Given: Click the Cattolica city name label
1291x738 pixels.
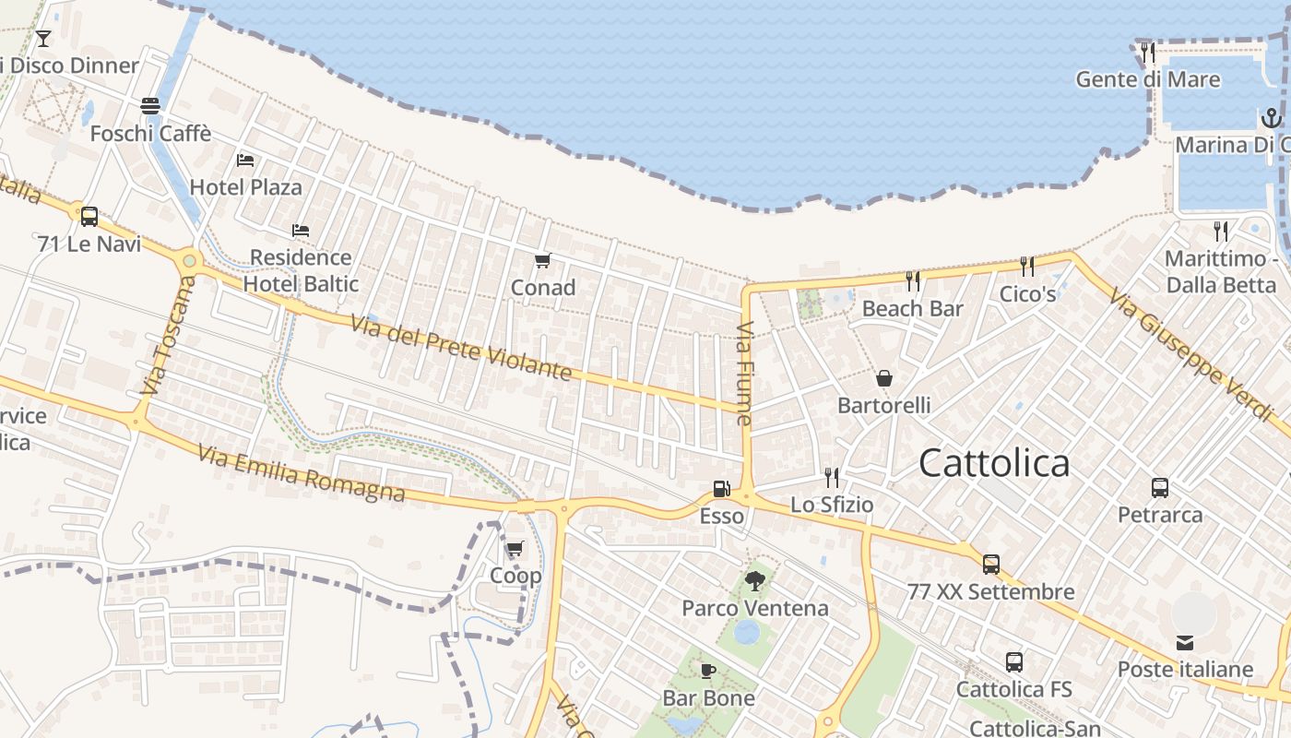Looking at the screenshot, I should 994,462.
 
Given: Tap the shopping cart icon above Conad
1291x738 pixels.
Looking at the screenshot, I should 542,261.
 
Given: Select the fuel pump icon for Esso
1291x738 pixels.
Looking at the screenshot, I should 721,489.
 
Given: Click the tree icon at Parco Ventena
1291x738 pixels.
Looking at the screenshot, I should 754,580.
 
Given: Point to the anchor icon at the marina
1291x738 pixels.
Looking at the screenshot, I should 1271,118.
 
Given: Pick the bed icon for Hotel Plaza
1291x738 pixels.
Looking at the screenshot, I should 245,160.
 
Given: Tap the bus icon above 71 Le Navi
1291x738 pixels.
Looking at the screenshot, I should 89,217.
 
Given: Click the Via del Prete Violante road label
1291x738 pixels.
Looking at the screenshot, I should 461,348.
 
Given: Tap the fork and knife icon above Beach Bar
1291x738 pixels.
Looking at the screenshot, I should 913,280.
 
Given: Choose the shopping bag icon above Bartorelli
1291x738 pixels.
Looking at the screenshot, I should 883,378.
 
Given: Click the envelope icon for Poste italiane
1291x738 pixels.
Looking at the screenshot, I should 1185,642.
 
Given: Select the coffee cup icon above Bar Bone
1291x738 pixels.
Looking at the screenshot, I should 708,671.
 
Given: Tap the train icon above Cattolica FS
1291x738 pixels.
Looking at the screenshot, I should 1014,661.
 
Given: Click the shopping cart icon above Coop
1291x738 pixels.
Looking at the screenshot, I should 515,549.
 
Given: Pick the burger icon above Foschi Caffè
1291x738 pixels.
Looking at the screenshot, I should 150,106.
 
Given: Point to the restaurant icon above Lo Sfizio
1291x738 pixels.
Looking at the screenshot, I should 832,477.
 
